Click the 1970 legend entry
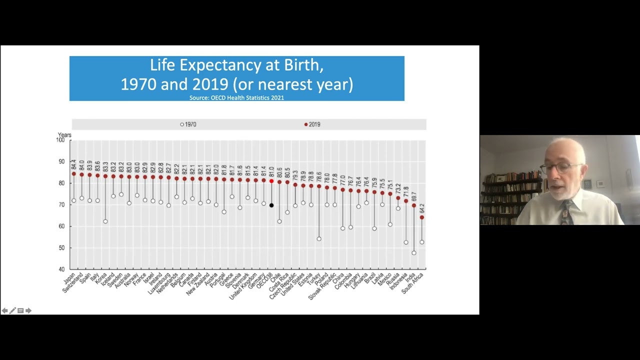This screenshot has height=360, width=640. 188,124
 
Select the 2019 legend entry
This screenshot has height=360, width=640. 312,124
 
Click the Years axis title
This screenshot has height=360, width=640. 64,135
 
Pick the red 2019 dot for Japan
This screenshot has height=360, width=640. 74,174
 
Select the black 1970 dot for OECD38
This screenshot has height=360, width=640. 271,205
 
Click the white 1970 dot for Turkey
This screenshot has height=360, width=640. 319,239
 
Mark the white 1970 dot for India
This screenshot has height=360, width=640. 414,253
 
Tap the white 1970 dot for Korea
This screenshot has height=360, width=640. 105,221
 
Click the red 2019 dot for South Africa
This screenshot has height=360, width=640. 422,217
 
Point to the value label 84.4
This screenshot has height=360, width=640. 74,164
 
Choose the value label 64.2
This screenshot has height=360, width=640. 422,208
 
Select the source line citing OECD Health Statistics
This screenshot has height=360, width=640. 236,98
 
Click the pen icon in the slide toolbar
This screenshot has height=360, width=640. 12,310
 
